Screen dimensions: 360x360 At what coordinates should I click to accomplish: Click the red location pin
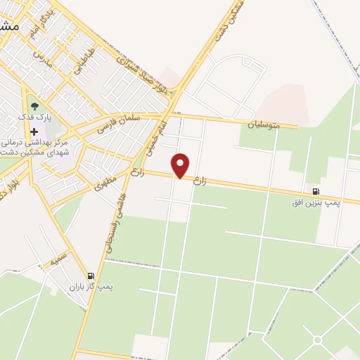[181, 165]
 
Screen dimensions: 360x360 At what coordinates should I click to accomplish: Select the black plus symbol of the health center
[34, 131]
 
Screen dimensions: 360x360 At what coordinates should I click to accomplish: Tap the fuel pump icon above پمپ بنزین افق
[314, 191]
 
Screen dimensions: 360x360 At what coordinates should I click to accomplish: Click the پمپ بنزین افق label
[316, 202]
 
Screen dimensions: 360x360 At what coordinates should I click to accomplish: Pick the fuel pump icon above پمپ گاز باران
[90, 276]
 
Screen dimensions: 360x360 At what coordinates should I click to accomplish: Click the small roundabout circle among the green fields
[317, 340]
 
